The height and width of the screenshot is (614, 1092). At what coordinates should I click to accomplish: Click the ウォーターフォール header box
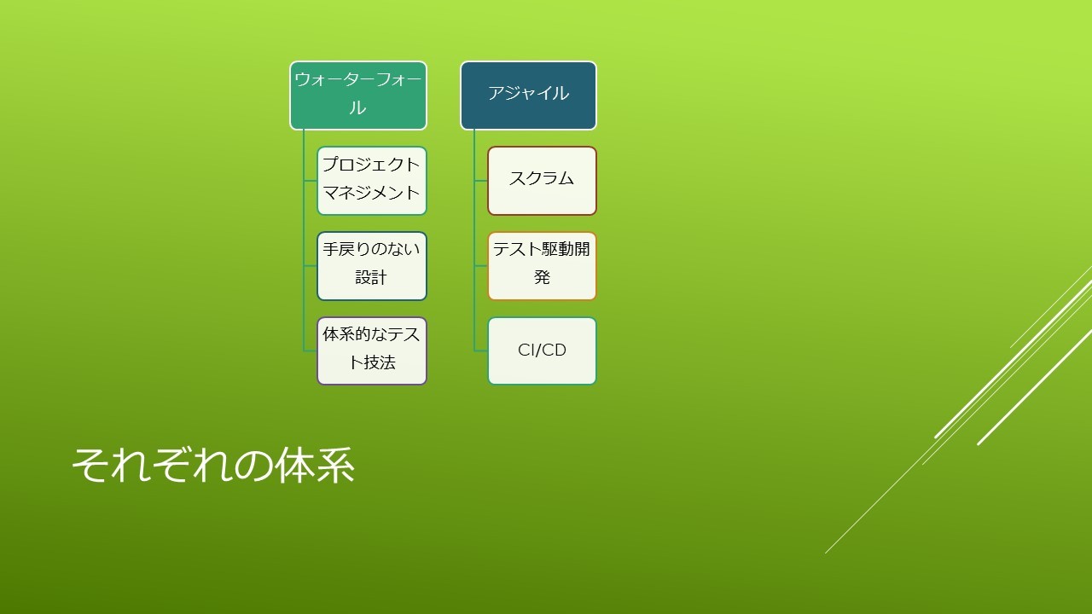point(358,96)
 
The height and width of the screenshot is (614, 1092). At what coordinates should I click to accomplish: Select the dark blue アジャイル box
point(528,96)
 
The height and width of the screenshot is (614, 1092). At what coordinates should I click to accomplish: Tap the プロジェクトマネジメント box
point(372,181)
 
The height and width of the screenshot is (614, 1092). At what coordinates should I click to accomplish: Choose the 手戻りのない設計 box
point(372,266)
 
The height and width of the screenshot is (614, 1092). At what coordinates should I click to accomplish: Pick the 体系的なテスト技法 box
point(372,350)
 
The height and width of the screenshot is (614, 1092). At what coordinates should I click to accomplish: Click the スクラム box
point(542,181)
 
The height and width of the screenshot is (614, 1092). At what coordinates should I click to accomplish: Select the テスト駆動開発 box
point(542,266)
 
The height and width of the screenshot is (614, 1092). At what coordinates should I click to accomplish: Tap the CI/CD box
point(542,350)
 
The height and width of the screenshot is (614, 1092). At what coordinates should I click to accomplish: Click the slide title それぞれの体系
point(213,465)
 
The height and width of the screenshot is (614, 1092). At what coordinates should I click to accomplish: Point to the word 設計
point(371,277)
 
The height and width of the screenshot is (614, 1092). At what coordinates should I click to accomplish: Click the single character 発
point(542,277)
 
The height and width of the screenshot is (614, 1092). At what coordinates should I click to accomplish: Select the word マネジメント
point(371,193)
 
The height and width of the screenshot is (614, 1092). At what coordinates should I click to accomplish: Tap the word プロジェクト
point(371,165)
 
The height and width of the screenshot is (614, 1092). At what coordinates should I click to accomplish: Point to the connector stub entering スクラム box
point(480,181)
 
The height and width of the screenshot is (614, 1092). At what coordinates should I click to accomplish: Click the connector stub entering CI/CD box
point(480,350)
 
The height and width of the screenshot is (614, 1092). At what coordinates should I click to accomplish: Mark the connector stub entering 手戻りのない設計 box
point(310,266)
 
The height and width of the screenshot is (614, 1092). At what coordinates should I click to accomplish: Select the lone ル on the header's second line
point(357,107)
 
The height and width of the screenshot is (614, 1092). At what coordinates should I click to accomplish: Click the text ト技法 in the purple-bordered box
point(372,362)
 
